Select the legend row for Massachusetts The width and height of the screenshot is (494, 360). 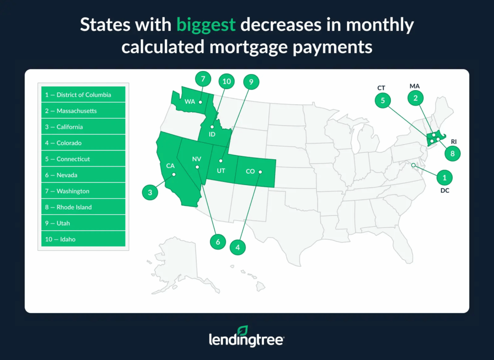(83, 111)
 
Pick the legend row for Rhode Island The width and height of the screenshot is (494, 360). (83, 207)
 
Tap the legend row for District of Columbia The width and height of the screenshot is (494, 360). (83, 95)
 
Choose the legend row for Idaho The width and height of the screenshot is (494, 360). (83, 239)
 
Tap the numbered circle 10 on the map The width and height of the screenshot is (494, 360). (226, 82)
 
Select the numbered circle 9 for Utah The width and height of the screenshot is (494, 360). (251, 82)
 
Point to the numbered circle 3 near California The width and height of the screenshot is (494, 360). (150, 193)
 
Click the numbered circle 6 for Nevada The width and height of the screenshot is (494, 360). (218, 242)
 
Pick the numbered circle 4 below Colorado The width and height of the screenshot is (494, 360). (238, 247)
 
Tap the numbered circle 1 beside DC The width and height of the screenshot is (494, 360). (444, 178)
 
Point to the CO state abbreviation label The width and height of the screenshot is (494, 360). (250, 171)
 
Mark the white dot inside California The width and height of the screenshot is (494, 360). (175, 175)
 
